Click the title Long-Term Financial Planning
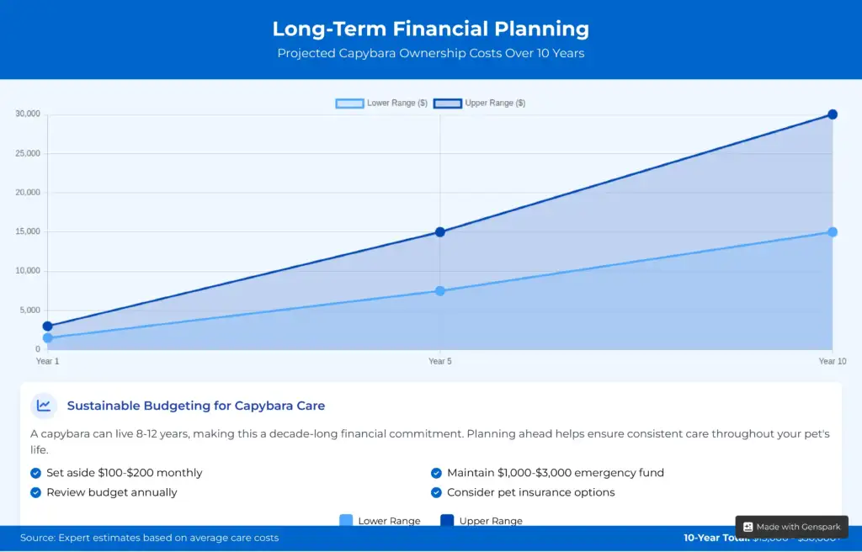[x=430, y=29]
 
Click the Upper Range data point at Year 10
[x=832, y=114]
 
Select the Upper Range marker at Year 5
[x=439, y=231]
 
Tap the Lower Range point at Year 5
[x=439, y=291]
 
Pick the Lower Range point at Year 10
[x=832, y=231]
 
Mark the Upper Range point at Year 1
[x=48, y=326]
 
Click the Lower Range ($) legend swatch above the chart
[x=349, y=103]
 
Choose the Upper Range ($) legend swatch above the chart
[x=447, y=103]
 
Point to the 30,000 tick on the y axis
[x=26, y=114]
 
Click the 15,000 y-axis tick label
[x=26, y=231]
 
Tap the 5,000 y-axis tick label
[x=29, y=310]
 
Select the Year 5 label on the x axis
[x=439, y=362]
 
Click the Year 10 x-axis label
[x=832, y=362]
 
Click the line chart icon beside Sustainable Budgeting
[x=44, y=406]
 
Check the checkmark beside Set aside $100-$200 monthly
[x=36, y=473]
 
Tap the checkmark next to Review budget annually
[x=36, y=492]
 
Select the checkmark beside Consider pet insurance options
[x=436, y=492]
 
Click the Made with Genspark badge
[x=791, y=527]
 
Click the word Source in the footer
[x=37, y=538]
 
